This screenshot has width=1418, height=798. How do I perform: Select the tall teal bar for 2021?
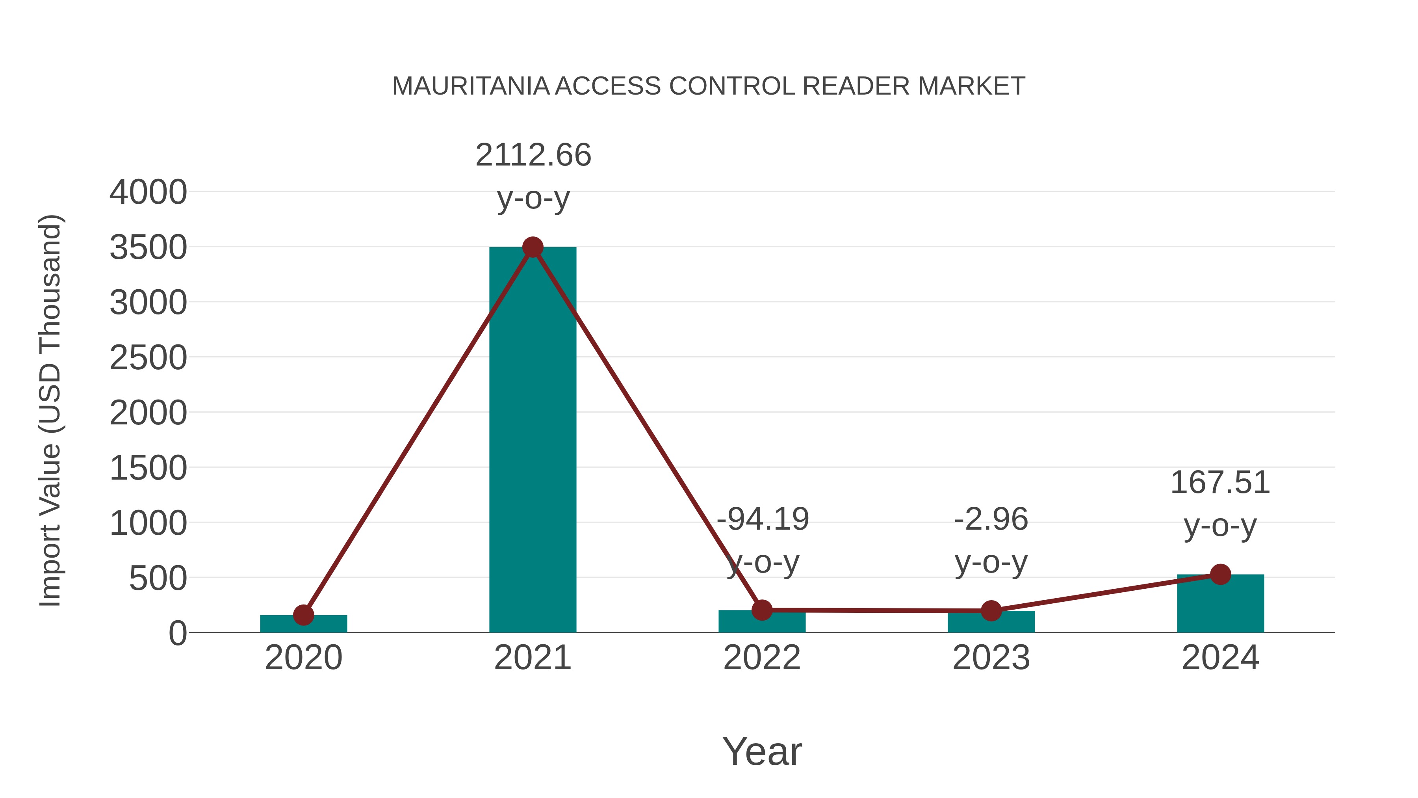click(532, 441)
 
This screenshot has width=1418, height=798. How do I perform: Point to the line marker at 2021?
click(532, 247)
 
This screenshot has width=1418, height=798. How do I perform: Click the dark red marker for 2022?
click(762, 610)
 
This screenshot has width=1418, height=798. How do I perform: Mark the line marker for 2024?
click(1220, 575)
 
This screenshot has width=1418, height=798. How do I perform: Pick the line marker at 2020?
click(303, 615)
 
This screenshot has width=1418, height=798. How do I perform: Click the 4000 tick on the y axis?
click(148, 192)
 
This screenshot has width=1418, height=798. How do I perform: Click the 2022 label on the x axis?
click(762, 658)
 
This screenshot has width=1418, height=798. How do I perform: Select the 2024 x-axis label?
click(1220, 658)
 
